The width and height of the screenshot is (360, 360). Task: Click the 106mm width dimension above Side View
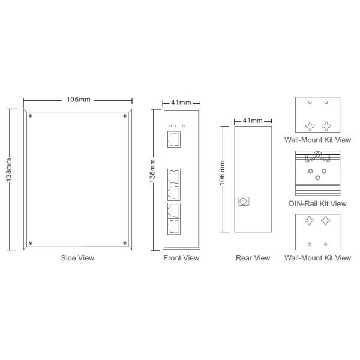point(78,100)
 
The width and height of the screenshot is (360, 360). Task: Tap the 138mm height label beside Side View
point(9,170)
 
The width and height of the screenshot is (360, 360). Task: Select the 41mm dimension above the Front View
point(181,103)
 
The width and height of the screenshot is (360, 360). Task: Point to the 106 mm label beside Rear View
point(222,173)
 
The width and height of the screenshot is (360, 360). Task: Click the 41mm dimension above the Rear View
point(253,121)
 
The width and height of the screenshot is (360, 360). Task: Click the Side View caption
point(77,258)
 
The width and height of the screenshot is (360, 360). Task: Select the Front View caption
point(181,258)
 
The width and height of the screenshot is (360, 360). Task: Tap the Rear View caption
point(253,258)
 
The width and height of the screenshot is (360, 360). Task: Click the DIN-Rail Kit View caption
point(317,203)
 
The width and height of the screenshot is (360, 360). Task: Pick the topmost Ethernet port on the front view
point(174,139)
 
